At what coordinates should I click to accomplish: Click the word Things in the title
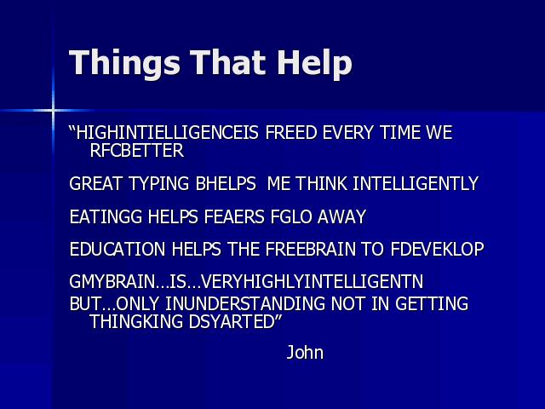tap(124, 63)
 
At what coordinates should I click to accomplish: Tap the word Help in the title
tap(314, 63)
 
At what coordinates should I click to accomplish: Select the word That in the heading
tap(228, 62)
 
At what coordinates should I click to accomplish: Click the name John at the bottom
tap(305, 352)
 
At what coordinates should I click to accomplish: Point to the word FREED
tap(290, 133)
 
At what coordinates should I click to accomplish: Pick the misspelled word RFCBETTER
tap(136, 150)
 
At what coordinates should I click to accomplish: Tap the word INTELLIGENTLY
tap(416, 184)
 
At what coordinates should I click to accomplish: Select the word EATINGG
tap(106, 216)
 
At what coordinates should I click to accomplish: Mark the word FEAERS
tap(234, 216)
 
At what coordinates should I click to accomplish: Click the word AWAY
tap(341, 216)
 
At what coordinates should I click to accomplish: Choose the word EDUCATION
tap(118, 249)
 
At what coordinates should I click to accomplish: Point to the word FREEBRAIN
tap(311, 249)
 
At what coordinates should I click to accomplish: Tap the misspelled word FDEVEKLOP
tap(437, 249)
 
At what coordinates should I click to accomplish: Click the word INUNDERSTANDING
tap(245, 303)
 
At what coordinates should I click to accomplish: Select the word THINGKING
tap(136, 321)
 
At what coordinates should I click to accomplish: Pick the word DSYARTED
tap(232, 321)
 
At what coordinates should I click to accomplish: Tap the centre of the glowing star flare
tap(53, 111)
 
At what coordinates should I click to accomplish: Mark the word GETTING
tap(432, 303)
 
